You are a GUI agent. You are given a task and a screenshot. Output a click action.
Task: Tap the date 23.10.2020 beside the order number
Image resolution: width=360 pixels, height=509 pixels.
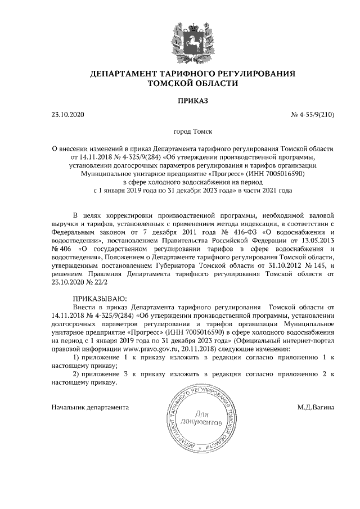[67, 115]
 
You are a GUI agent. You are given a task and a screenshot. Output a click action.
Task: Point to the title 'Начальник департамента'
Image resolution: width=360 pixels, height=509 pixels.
[90, 406]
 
